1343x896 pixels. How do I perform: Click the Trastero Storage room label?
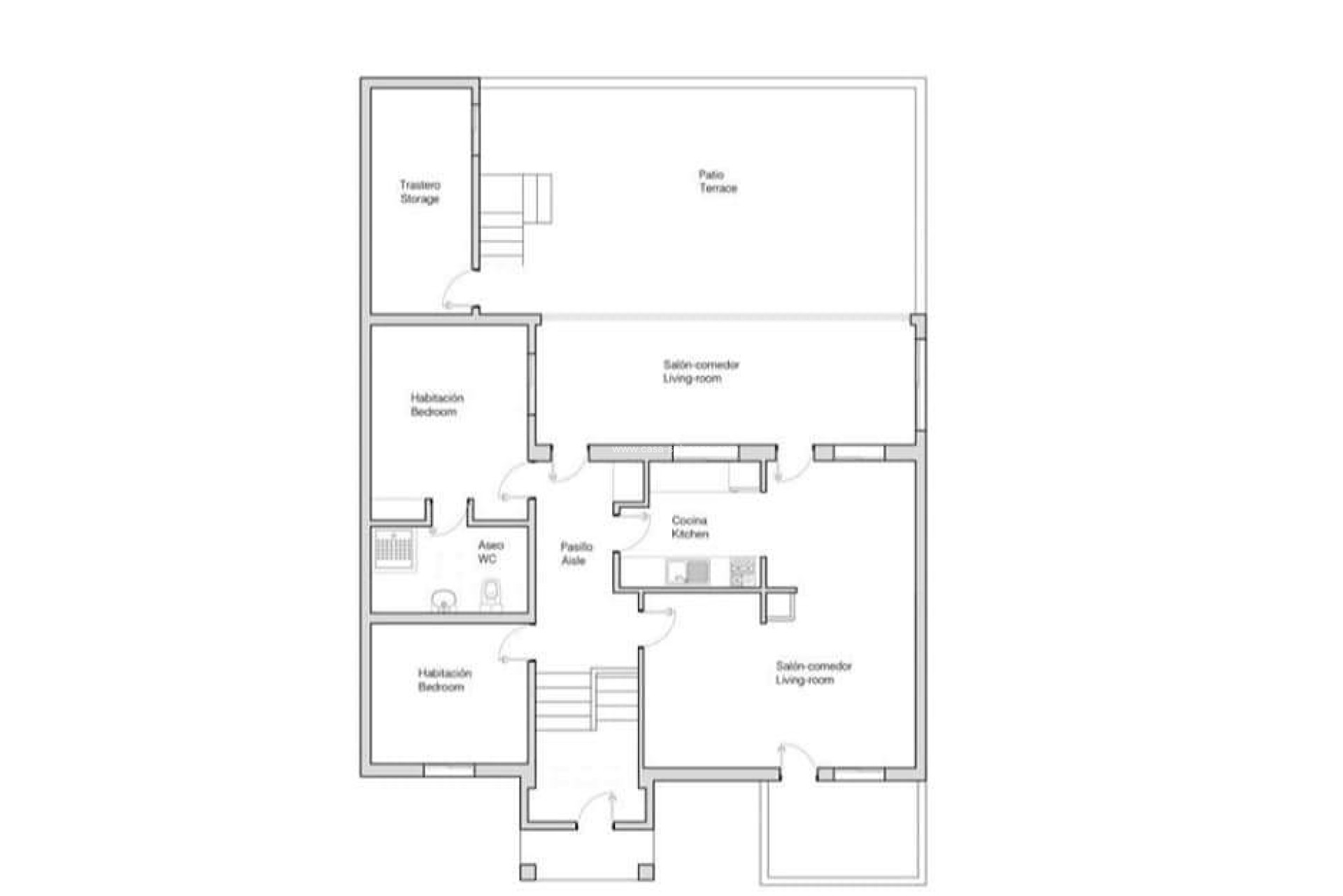[420, 192]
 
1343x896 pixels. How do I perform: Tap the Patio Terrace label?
[717, 181]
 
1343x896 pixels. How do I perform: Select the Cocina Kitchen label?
[690, 527]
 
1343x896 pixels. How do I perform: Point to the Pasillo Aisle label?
[576, 553]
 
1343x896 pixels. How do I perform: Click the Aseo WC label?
[490, 552]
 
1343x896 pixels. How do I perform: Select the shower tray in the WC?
[394, 549]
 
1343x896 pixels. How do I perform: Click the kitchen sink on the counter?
[688, 571]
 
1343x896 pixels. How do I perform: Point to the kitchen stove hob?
[742, 571]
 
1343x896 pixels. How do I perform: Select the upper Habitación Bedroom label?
[436, 405]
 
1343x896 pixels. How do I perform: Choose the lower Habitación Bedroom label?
[444, 680]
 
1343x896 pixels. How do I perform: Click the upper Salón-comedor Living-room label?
[700, 371]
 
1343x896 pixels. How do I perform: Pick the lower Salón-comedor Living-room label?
[813, 673]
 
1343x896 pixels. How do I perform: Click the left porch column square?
[528, 872]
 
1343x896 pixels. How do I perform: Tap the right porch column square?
[646, 872]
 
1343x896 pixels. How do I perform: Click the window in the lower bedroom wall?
[449, 770]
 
